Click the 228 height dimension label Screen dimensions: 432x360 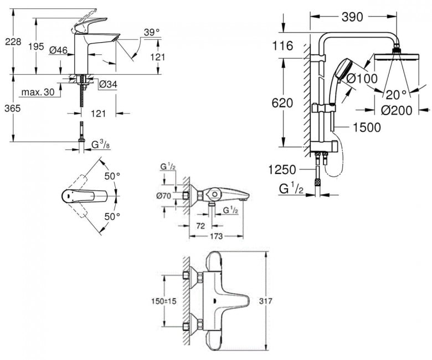(13, 42)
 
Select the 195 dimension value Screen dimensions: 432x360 (36, 47)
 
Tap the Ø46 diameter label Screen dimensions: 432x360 (58, 50)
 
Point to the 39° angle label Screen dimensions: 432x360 (152, 32)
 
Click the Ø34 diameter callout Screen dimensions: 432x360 (108, 84)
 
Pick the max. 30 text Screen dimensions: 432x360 (38, 92)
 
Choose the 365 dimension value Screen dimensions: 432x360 (13, 108)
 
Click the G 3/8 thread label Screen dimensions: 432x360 (101, 145)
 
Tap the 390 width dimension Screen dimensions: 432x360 (352, 17)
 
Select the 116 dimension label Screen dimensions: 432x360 (282, 46)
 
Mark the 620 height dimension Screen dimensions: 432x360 (282, 103)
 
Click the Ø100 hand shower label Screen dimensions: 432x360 (362, 79)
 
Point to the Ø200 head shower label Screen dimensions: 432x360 (397, 110)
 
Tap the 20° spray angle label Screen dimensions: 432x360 (396, 95)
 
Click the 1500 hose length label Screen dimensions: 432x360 (367, 127)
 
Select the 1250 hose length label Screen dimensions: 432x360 (282, 169)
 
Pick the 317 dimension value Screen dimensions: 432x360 (266, 301)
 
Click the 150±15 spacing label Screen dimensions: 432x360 (163, 301)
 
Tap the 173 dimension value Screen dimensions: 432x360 (216, 236)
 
